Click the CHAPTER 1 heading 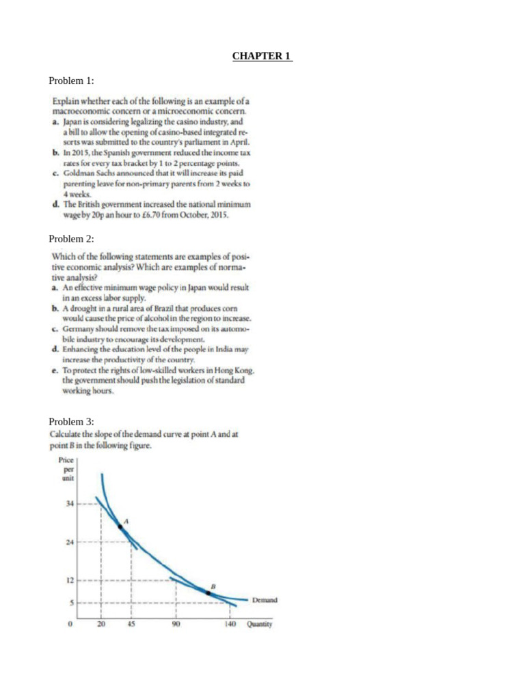[x=262, y=56]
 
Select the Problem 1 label [x=71, y=81]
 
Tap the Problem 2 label [x=71, y=239]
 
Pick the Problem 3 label [x=71, y=421]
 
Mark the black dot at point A [x=120, y=526]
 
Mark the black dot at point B [x=208, y=593]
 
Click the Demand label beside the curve [x=265, y=600]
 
